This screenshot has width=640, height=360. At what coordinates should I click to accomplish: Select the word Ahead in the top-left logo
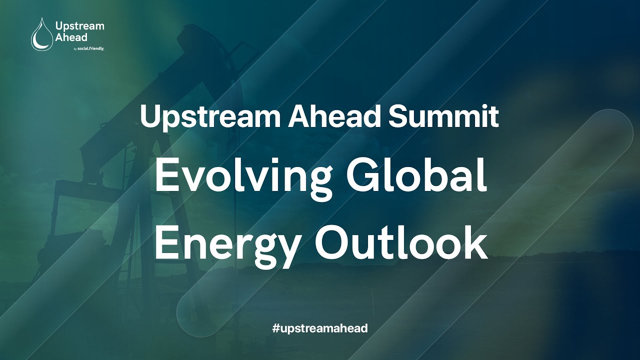(71, 37)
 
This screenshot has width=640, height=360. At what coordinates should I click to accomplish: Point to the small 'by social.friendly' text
(88, 48)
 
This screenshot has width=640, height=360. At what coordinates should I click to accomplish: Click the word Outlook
(401, 242)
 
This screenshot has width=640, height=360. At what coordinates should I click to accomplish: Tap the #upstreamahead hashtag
(320, 328)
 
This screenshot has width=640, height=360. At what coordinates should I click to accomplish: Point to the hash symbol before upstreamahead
(275, 328)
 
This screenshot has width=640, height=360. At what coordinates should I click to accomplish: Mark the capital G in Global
(361, 176)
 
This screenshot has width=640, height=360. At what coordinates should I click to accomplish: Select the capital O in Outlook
(332, 242)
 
